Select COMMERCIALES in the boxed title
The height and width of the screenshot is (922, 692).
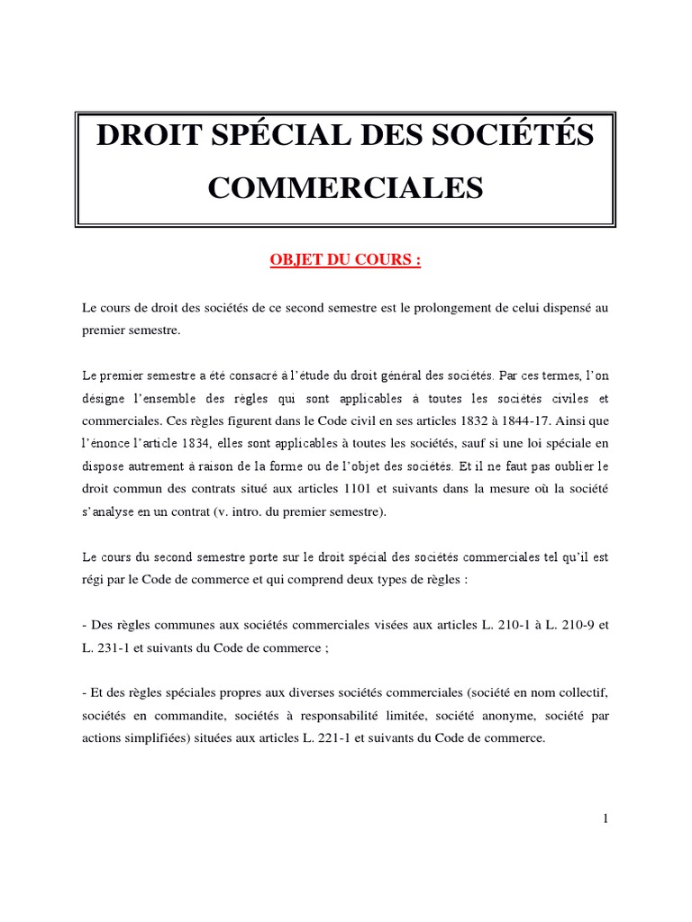346,187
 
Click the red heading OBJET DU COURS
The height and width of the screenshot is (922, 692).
346,260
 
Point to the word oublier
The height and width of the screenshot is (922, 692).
569,466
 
